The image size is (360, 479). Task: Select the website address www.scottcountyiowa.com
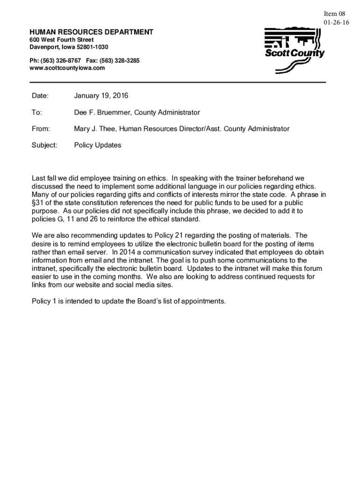click(x=67, y=68)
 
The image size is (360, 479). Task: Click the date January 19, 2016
click(x=101, y=96)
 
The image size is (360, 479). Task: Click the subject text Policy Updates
click(x=97, y=145)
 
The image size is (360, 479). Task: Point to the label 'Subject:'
click(x=44, y=145)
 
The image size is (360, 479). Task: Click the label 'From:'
click(x=41, y=129)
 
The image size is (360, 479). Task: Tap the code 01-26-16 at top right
click(x=336, y=22)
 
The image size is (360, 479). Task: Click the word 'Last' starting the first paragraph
click(x=38, y=178)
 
